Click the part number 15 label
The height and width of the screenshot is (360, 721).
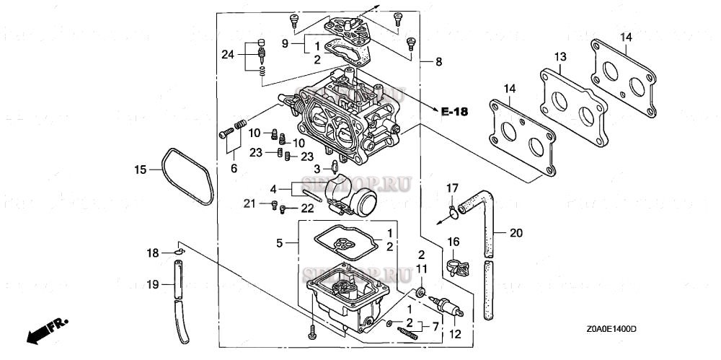140,170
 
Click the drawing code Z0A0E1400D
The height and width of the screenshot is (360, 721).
611,329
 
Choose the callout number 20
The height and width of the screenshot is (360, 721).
515,232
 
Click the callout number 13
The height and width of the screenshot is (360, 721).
559,57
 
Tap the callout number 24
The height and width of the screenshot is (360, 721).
228,54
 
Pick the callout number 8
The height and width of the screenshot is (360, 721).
438,63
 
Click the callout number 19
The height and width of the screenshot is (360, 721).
152,285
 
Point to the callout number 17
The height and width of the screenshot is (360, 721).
451,188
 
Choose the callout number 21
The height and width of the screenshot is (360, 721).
249,203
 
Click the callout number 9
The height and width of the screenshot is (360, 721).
286,44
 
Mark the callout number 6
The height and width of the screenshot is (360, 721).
233,167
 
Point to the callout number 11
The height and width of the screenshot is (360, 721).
423,268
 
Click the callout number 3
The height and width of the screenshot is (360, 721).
316,168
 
